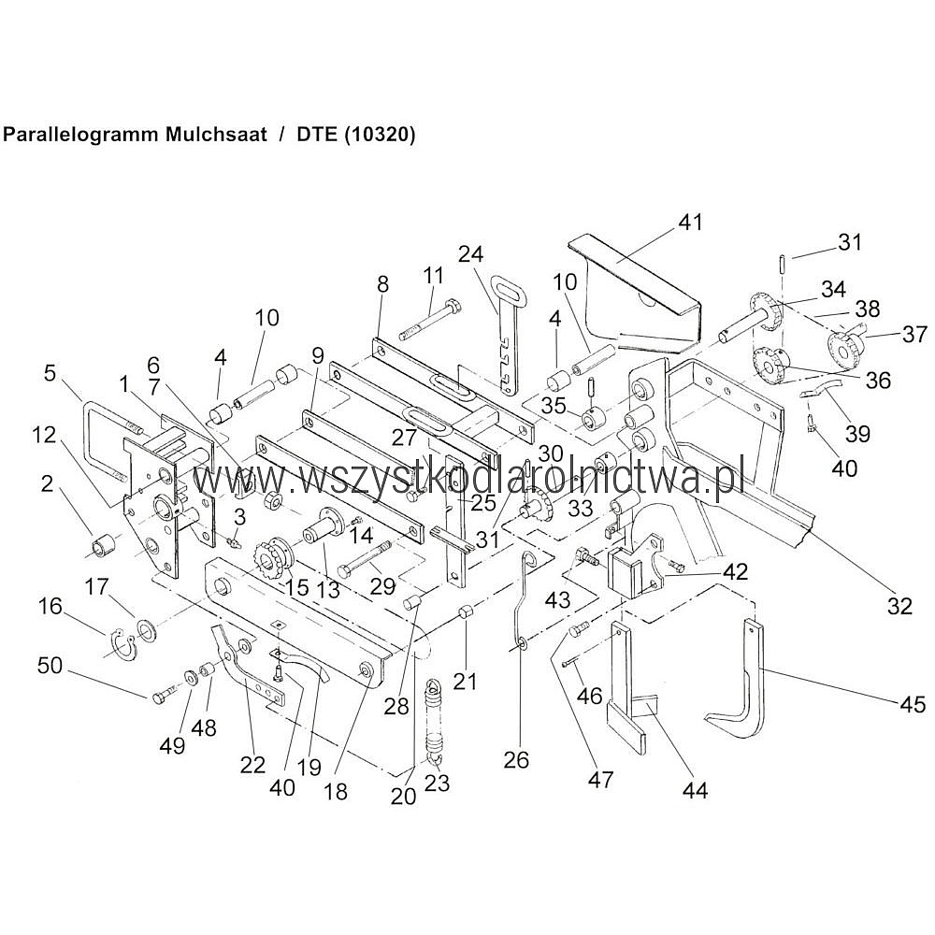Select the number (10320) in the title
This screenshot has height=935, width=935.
380,134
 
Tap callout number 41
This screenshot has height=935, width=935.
690,223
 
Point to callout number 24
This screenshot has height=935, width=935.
470,253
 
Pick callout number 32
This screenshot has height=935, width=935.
899,606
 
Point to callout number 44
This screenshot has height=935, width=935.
695,791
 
